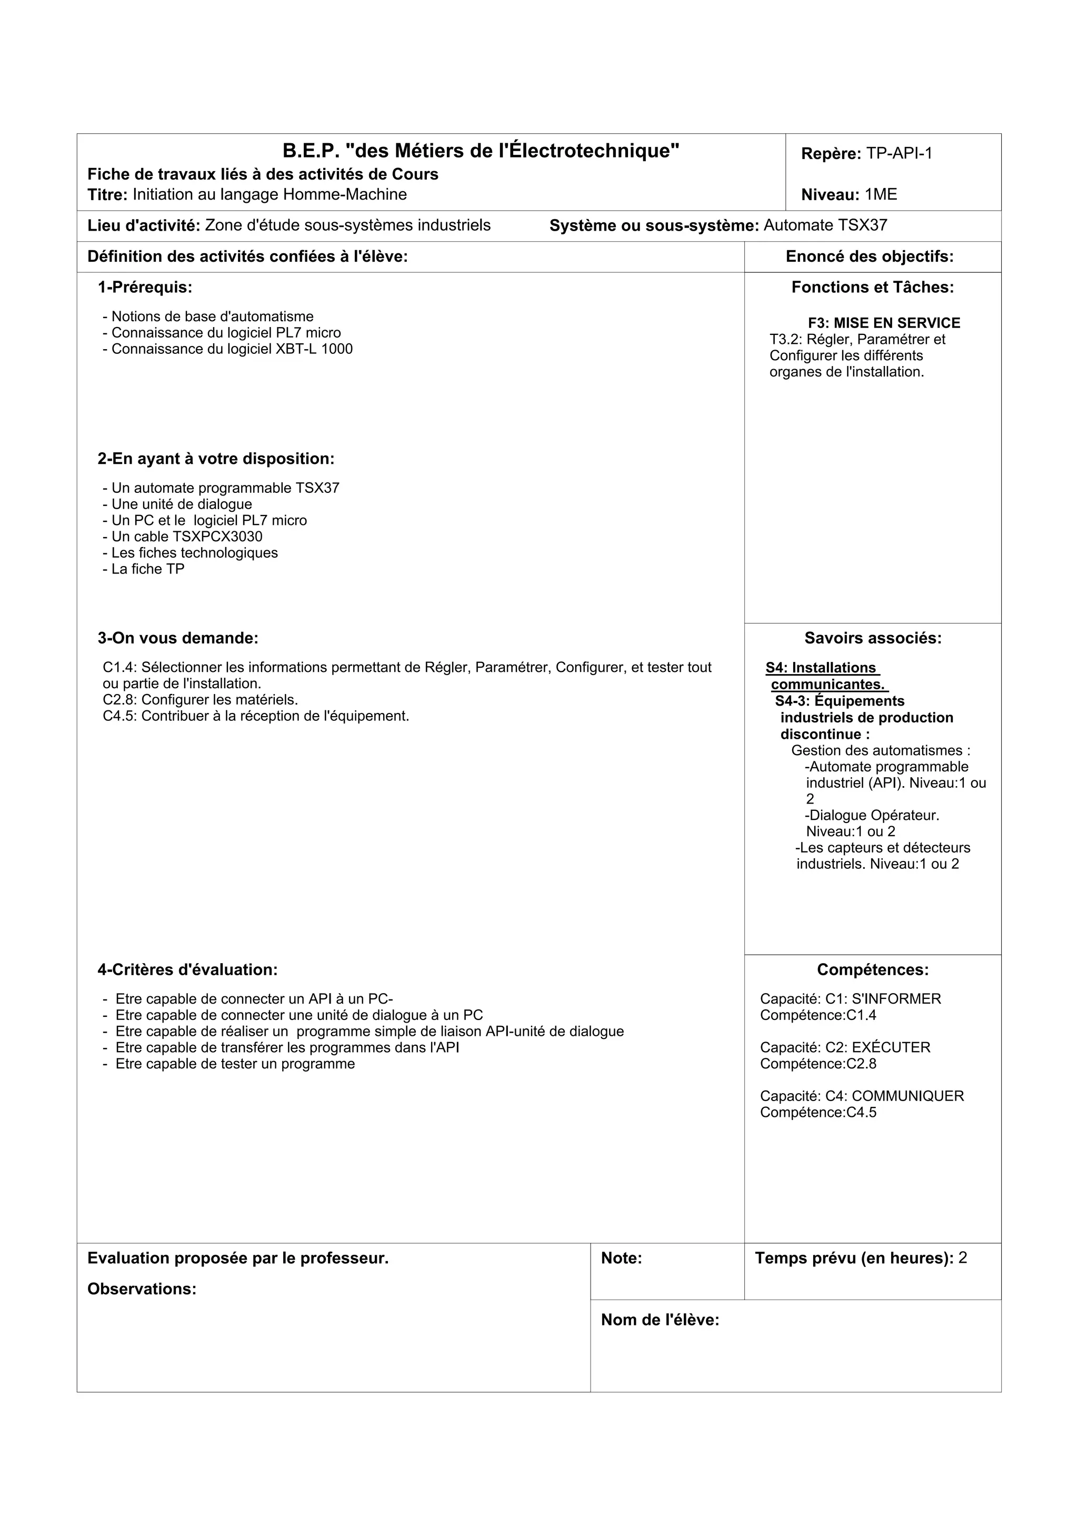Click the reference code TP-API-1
pos(900,154)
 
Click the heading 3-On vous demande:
pos(178,638)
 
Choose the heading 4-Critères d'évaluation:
pos(187,970)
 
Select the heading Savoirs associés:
pos(873,638)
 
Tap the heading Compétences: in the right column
pos(873,970)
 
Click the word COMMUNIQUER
pos(907,1096)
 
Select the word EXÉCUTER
pos(891,1047)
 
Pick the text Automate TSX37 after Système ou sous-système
pos(825,225)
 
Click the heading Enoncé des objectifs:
pos(870,256)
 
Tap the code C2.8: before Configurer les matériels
pos(119,700)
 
